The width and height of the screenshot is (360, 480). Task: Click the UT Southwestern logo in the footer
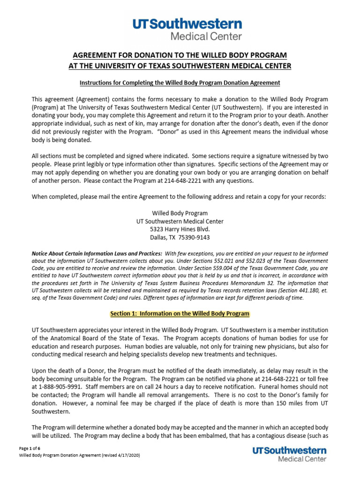point(289,454)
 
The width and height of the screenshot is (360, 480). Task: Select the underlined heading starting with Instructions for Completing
point(180,82)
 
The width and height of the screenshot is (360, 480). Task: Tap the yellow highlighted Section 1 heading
point(180,313)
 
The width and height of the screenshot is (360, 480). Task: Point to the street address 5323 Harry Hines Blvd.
point(180,229)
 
